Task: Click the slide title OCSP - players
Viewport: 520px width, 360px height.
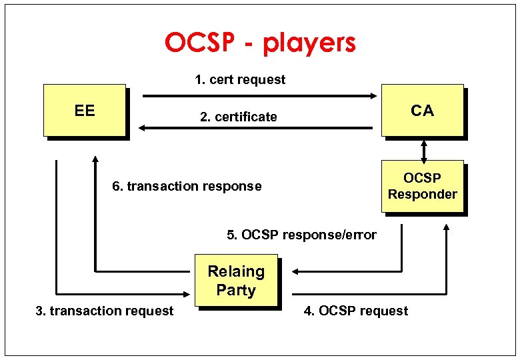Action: pyautogui.click(x=260, y=43)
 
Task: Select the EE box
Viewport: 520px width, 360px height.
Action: pyautogui.click(x=85, y=111)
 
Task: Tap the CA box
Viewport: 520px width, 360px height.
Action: pyautogui.click(x=422, y=111)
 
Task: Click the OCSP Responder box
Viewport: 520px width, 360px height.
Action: pyautogui.click(x=422, y=186)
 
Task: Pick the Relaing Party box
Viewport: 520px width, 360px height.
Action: pyautogui.click(x=236, y=281)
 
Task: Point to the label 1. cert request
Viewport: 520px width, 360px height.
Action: pyautogui.click(x=240, y=80)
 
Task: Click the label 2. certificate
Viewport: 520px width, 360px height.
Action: pyautogui.click(x=239, y=117)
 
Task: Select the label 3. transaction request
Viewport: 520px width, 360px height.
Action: pyautogui.click(x=104, y=311)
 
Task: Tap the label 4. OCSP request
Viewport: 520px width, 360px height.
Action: pyautogui.click(x=356, y=311)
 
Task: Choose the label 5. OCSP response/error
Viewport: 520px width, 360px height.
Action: pyautogui.click(x=301, y=235)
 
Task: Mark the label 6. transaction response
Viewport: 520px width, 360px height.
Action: pyautogui.click(x=187, y=187)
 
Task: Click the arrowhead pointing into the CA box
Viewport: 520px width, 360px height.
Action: pyautogui.click(x=373, y=96)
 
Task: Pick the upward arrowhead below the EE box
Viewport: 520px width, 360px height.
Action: pyautogui.click(x=95, y=161)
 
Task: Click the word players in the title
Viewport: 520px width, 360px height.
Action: pyautogui.click(x=309, y=43)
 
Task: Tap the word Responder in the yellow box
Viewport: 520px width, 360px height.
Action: pyautogui.click(x=423, y=195)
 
